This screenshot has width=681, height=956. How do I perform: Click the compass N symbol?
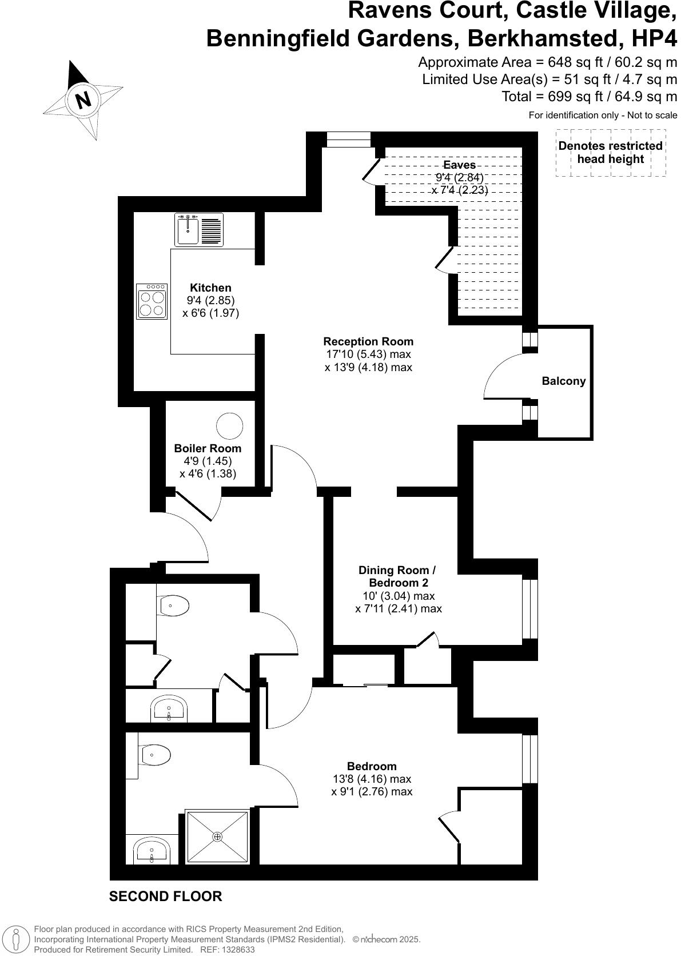[x=83, y=100]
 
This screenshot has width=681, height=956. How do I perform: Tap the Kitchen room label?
[x=210, y=288]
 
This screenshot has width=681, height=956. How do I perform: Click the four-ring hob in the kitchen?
[x=152, y=301]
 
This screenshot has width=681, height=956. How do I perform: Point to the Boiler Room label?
[x=208, y=448]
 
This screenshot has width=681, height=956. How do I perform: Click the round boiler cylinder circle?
[x=229, y=426]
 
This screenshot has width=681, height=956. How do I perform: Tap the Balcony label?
[x=564, y=381]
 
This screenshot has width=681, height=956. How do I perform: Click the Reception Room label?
[x=368, y=341]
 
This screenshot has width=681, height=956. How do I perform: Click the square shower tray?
[x=217, y=837]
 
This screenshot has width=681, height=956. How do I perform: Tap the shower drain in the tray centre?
[x=217, y=837]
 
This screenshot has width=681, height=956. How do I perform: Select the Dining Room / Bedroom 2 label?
[x=398, y=576]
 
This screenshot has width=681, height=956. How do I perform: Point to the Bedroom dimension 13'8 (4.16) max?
[x=372, y=779]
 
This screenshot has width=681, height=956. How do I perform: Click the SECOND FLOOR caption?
[x=165, y=896]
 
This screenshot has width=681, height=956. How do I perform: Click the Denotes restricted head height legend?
[x=610, y=152]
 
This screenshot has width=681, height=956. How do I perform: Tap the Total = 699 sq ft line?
[x=589, y=97]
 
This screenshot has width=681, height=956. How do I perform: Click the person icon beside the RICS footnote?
[x=17, y=939]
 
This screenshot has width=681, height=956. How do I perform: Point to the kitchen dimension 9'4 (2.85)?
[x=210, y=300]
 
